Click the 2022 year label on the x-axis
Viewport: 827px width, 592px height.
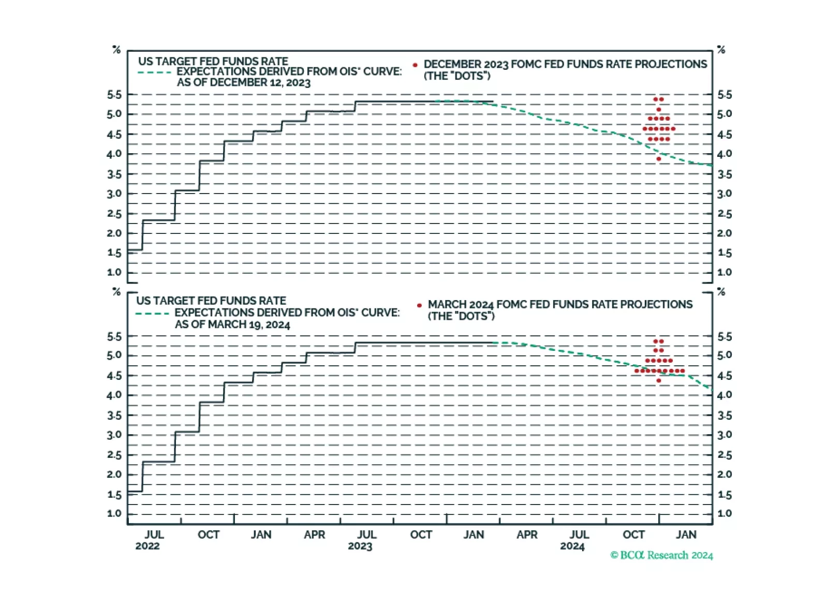point(147,546)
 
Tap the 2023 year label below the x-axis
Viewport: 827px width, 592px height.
point(360,546)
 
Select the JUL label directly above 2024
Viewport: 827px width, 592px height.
point(579,535)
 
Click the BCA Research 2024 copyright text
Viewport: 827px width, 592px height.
point(661,555)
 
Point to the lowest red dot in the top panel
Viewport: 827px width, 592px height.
point(659,159)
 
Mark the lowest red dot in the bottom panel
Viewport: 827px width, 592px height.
point(659,381)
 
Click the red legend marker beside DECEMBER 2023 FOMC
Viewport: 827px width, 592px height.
point(415,65)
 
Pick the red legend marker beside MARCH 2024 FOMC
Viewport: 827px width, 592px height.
point(419,305)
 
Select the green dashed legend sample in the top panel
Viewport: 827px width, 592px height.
point(154,72)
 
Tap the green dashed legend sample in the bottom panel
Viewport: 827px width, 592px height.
point(152,314)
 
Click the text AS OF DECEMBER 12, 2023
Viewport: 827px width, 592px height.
point(243,83)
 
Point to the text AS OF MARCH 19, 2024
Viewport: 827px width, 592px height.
point(232,324)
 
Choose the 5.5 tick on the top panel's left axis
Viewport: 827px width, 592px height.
point(114,95)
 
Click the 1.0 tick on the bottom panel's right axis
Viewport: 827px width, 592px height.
point(725,514)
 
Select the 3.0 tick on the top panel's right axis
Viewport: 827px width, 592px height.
point(725,194)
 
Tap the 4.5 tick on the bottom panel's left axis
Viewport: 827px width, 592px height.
point(114,376)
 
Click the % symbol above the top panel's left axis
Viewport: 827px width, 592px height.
point(116,50)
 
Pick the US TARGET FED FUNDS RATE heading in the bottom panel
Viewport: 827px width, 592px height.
point(211,301)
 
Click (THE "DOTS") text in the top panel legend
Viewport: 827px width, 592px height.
point(457,76)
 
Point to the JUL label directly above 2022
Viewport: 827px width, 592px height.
point(154,535)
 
